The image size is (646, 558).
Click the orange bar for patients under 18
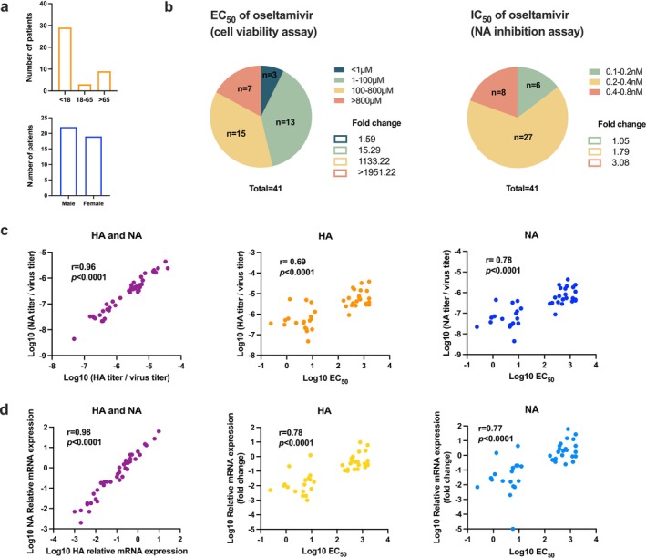pyautogui.click(x=65, y=59)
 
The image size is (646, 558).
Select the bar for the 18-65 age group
pyautogui.click(x=85, y=88)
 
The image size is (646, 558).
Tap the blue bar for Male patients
pyautogui.click(x=68, y=161)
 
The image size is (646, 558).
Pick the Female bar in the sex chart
pyautogui.click(x=94, y=166)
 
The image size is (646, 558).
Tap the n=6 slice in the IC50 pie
pyautogui.click(x=533, y=86)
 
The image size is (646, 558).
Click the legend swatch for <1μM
pyautogui.click(x=340, y=70)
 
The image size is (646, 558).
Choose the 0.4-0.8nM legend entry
pyautogui.click(x=616, y=91)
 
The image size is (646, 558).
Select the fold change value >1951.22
pyautogui.click(x=376, y=172)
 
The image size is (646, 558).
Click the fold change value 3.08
pyautogui.click(x=620, y=162)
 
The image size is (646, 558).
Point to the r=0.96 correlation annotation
pyautogui.click(x=83, y=267)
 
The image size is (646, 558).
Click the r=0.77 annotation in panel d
pyautogui.click(x=490, y=429)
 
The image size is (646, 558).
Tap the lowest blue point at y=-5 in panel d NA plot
pyautogui.click(x=513, y=529)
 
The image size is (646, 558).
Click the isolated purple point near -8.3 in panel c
pyautogui.click(x=74, y=338)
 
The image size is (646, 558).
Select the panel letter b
pyautogui.click(x=169, y=7)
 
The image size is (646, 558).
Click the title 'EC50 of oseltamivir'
pyautogui.click(x=261, y=16)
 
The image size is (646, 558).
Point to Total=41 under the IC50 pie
pyautogui.click(x=522, y=189)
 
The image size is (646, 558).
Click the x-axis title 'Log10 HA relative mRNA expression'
pyautogui.click(x=117, y=551)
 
